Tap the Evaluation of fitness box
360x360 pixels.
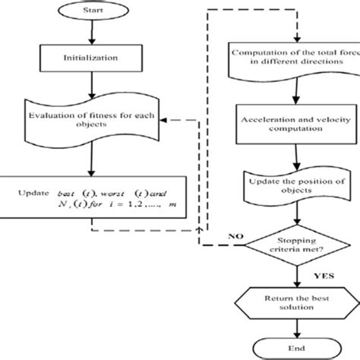[x=90, y=121]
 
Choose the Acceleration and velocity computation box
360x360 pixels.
[x=282, y=127]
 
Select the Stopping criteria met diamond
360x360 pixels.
[x=282, y=243]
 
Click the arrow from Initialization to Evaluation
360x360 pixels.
[x=90, y=84]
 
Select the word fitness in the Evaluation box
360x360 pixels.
[x=102, y=116]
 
